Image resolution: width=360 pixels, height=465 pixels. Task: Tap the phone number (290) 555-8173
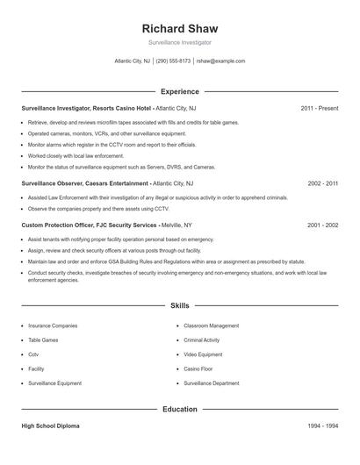(173, 61)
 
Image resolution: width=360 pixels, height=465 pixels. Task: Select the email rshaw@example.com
(220, 61)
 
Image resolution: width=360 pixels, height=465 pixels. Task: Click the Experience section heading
(180, 91)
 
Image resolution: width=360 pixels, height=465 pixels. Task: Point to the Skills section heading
(180, 305)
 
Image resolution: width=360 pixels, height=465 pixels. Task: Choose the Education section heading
(180, 409)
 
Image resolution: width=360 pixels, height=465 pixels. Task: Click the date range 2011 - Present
(319, 108)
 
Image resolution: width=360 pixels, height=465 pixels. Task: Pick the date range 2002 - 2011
(322, 183)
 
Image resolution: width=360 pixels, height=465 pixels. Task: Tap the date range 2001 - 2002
(322, 225)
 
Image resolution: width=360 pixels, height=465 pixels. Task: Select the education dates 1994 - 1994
(322, 426)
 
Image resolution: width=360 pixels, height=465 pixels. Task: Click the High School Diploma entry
(50, 426)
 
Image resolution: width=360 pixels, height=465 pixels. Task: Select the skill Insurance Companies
(53, 325)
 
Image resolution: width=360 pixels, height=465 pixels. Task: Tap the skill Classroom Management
(212, 325)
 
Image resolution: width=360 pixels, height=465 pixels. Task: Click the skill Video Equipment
(204, 354)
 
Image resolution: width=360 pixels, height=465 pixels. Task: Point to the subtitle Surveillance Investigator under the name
(180, 42)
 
